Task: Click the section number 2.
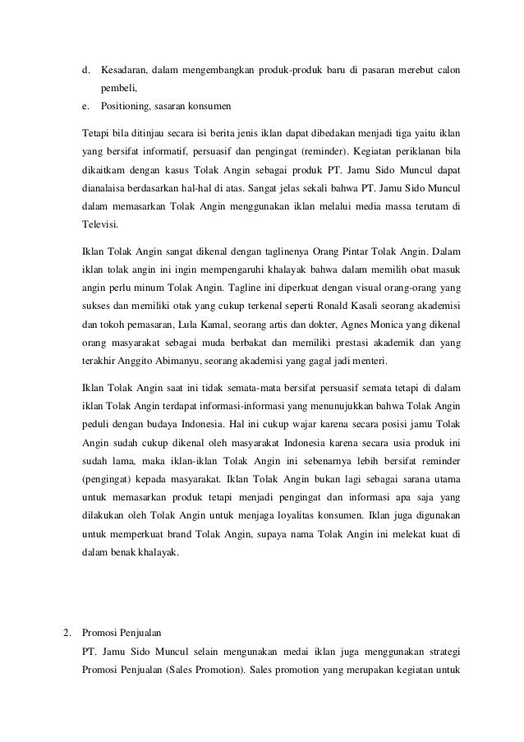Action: tap(67, 634)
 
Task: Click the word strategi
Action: tap(442, 653)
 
